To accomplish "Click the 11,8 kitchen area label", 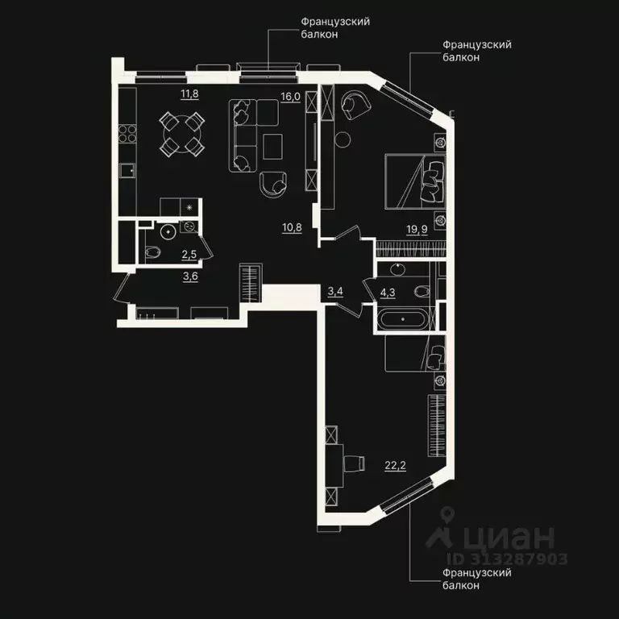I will click(189, 94).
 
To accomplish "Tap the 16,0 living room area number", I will click(289, 95).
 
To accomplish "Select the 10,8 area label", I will click(292, 227).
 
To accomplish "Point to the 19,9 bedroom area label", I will click(417, 229).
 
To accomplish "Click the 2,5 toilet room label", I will click(189, 255).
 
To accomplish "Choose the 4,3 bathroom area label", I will click(388, 291).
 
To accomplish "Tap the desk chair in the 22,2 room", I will click(354, 463).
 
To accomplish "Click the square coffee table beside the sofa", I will click(272, 146).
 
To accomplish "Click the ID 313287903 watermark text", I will click(508, 559).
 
